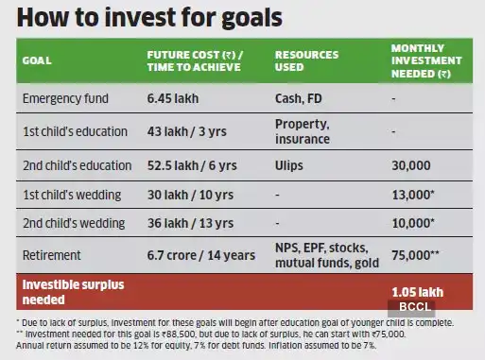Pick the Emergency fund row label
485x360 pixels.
point(67,98)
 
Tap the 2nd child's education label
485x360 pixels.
point(77,165)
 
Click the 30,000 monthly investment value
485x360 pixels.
point(411,165)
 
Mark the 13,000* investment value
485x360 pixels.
point(414,195)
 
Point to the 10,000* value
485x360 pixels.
point(414,224)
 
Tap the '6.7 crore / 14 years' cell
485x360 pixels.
point(200,254)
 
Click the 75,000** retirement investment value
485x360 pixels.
point(417,254)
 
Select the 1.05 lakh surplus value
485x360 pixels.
point(417,291)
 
